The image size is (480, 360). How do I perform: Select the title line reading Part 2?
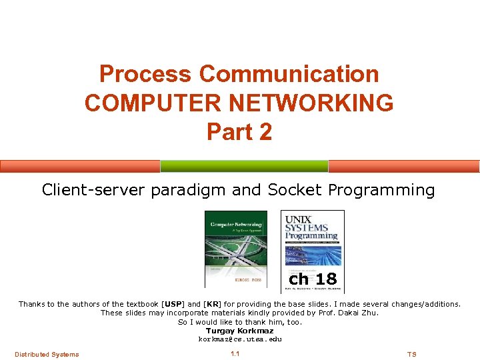239,131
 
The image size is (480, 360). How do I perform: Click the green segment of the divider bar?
244,166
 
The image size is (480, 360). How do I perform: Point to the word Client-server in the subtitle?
93,190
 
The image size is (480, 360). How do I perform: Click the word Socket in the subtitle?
295,190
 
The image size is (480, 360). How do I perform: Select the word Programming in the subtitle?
381,191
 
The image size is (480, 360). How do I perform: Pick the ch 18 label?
313,278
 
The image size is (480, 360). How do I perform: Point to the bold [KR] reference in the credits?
212,304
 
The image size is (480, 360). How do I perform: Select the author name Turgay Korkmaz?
239,331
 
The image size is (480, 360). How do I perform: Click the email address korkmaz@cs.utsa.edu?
239,339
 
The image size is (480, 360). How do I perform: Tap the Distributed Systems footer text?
47,354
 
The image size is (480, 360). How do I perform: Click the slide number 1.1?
235,354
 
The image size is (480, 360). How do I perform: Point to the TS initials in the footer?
411,354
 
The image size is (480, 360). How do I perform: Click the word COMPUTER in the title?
140,103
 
